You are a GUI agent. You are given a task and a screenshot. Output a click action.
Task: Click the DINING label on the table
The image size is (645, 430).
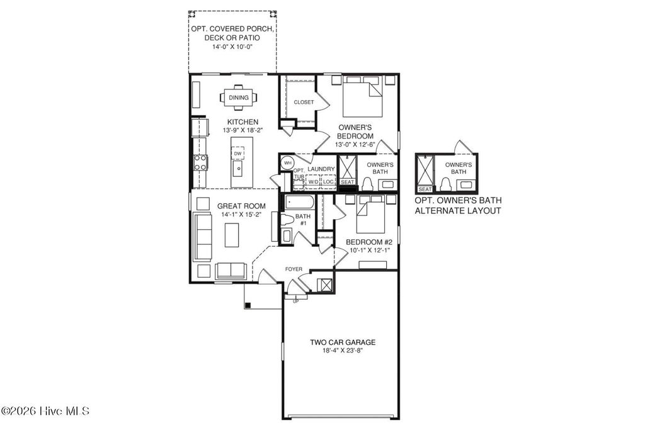click(238, 98)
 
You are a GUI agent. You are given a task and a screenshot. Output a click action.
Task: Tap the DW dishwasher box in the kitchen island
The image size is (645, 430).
click(237, 153)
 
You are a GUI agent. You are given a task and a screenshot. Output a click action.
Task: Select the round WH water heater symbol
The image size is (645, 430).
click(287, 162)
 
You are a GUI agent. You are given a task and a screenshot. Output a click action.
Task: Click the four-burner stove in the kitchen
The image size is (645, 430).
click(200, 162)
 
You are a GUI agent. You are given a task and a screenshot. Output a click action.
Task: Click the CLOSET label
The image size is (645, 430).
click(304, 102)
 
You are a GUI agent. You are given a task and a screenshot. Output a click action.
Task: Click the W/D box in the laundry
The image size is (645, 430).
click(313, 182)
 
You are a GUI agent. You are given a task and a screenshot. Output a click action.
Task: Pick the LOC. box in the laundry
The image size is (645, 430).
click(328, 182)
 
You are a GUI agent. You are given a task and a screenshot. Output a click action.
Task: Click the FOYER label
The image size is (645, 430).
click(294, 269)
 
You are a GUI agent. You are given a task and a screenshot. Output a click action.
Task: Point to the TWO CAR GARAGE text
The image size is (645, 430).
click(342, 342)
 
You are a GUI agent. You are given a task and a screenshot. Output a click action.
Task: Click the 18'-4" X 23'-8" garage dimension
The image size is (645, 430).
click(342, 351)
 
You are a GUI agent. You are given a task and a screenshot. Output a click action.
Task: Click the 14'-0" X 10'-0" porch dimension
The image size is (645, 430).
click(232, 47)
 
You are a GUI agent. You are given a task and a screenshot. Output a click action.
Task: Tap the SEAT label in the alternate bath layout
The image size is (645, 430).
click(425, 189)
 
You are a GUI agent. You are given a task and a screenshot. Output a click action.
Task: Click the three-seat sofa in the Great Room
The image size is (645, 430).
click(203, 233)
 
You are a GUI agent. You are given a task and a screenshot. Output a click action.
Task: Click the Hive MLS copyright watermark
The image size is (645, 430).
click(45, 411)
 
